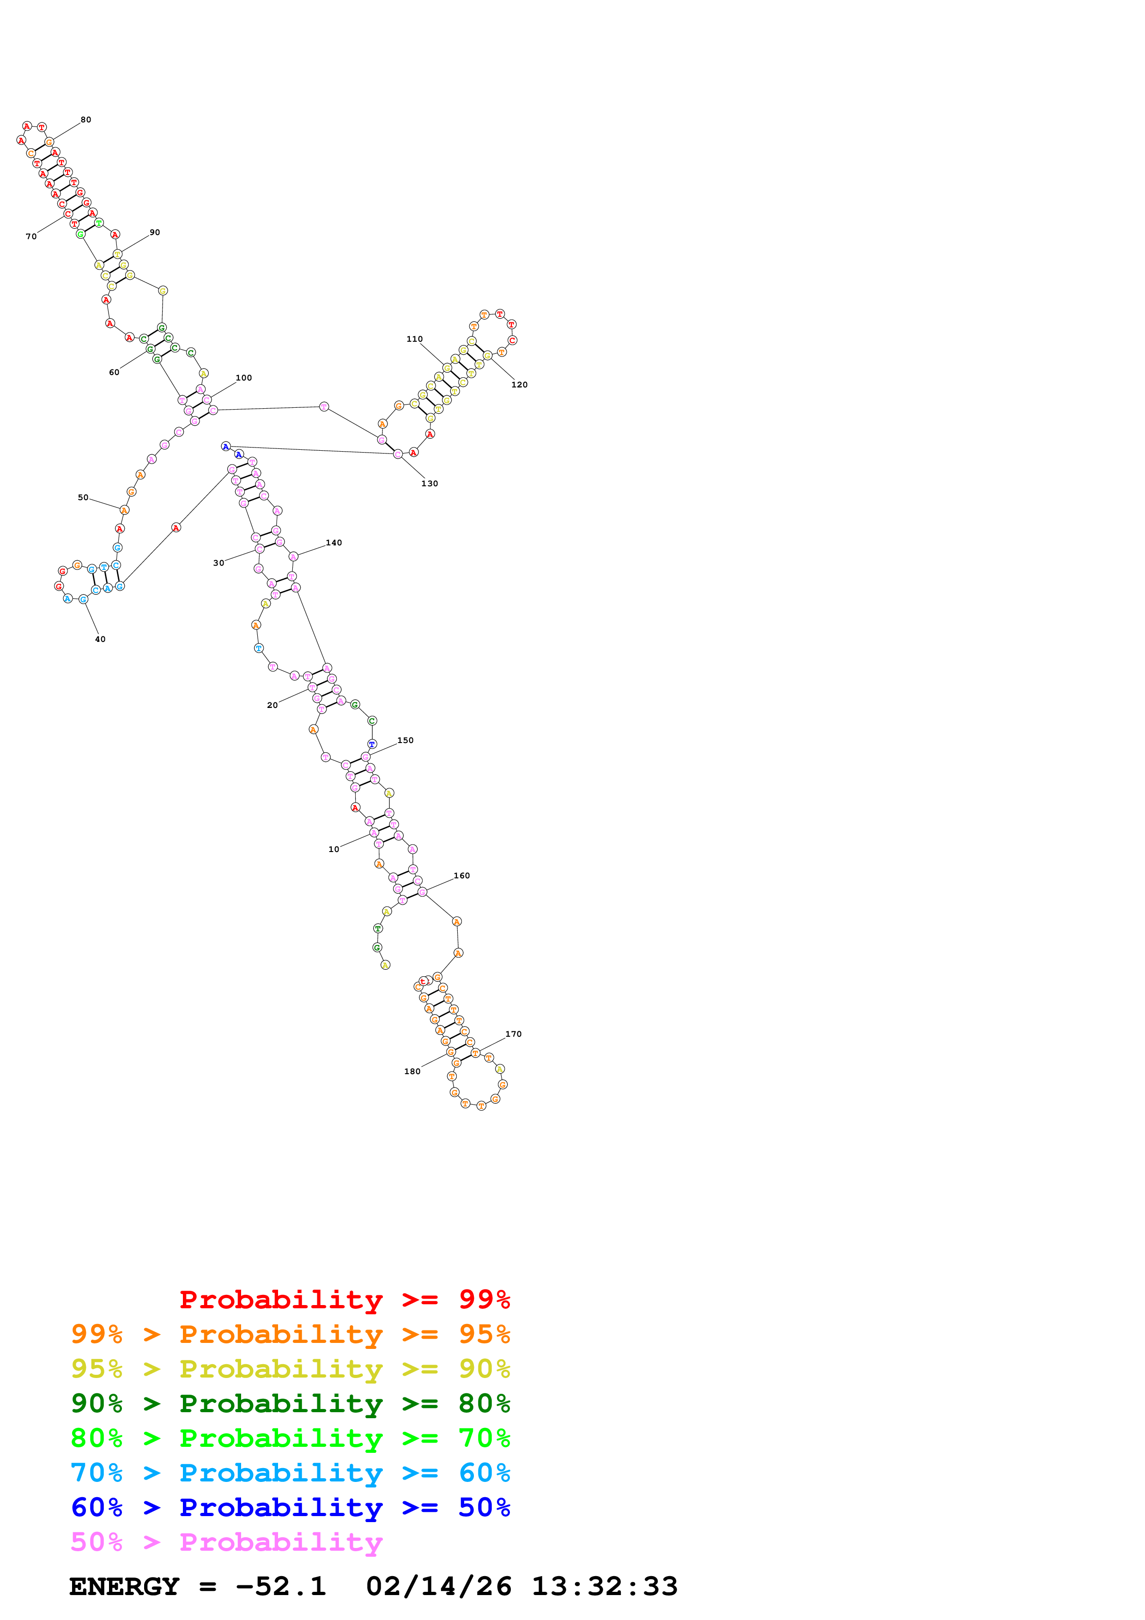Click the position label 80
85,120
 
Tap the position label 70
31,236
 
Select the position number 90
155,232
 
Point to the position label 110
414,339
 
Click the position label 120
519,385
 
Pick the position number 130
430,484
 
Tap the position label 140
333,543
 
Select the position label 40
100,639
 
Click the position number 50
83,497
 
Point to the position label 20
273,705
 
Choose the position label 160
461,876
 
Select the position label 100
243,378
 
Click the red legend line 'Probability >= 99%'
344,1300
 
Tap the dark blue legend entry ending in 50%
290,1507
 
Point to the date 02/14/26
438,1587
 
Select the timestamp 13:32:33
605,1587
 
